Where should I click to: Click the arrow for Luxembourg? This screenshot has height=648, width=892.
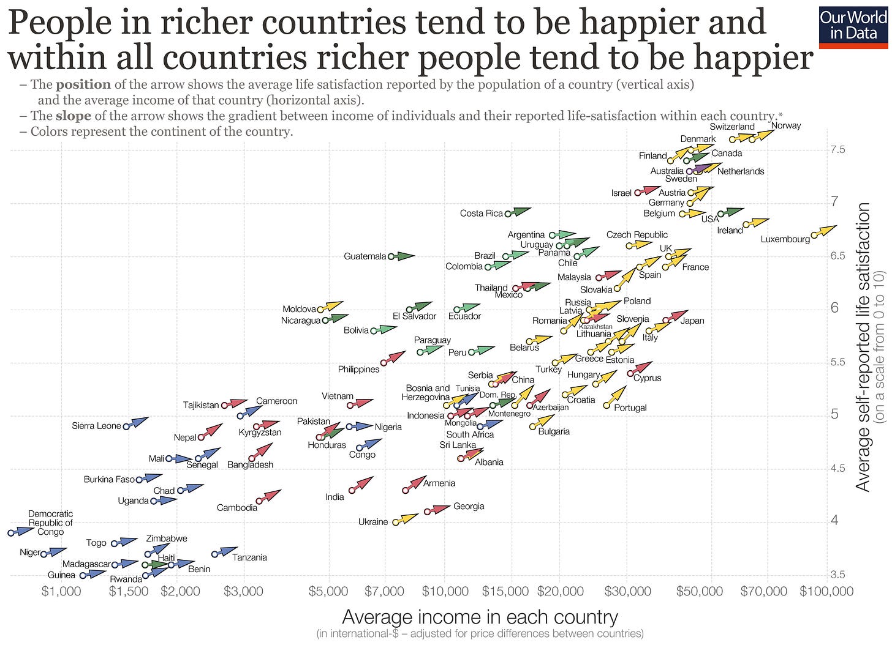[825, 231]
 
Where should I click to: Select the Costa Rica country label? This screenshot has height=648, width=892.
[482, 214]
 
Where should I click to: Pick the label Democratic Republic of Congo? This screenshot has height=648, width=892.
[50, 523]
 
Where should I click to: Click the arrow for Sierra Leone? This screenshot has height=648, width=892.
[137, 422]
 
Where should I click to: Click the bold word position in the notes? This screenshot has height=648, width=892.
[83, 84]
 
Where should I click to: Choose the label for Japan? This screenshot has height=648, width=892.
[692, 321]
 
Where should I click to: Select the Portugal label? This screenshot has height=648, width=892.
[630, 408]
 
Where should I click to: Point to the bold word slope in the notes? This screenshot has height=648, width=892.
[73, 116]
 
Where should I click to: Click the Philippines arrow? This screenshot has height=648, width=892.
[394, 357]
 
